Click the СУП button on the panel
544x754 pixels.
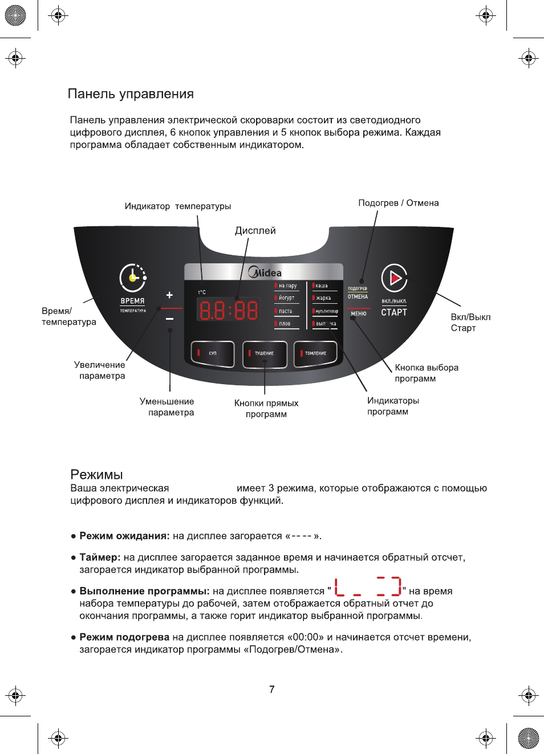[x=212, y=354]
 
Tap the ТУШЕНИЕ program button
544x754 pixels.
[x=264, y=354]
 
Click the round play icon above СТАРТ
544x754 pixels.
[x=394, y=278]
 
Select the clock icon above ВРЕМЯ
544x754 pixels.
[x=133, y=278]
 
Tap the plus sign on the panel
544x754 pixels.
[x=169, y=295]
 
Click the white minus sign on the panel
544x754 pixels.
[x=169, y=319]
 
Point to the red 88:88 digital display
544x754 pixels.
[x=228, y=311]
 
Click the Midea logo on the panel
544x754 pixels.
[x=265, y=272]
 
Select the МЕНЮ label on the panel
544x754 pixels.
[x=359, y=314]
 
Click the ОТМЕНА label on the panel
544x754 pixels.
[x=358, y=297]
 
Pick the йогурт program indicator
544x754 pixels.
[x=286, y=298]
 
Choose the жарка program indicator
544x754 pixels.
[x=323, y=298]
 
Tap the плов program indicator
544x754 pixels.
[x=285, y=324]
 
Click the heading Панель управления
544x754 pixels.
[x=131, y=94]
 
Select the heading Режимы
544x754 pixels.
[x=96, y=475]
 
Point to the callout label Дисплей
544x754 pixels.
[x=255, y=231]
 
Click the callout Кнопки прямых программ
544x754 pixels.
[x=266, y=409]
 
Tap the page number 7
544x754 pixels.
[x=272, y=690]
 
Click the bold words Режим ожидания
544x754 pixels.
[x=124, y=536]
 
